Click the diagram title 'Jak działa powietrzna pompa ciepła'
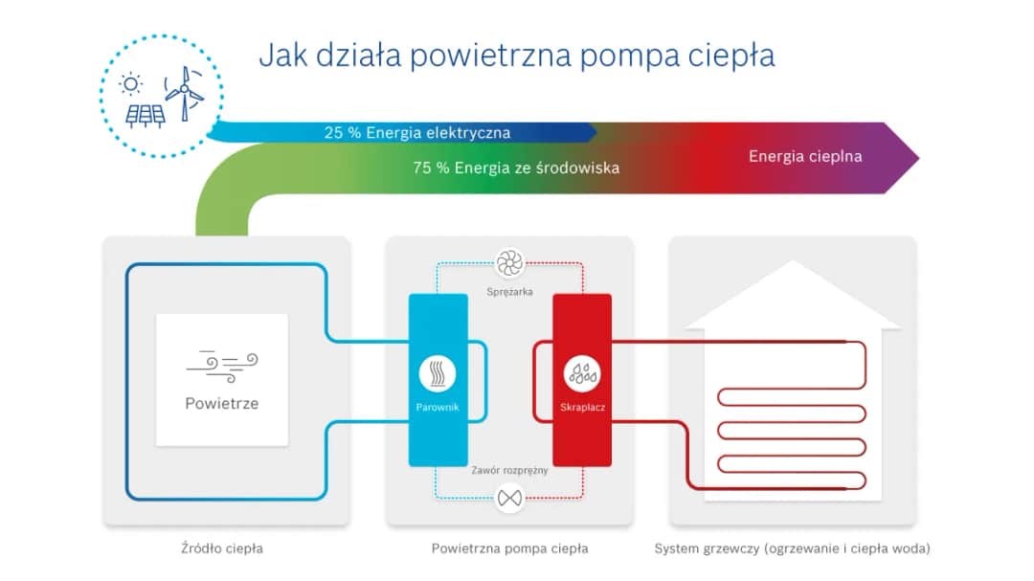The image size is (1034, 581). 516,55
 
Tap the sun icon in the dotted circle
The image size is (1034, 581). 130,84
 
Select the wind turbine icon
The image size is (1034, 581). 184,91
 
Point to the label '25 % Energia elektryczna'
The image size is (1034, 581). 416,133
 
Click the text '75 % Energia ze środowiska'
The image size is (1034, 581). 516,168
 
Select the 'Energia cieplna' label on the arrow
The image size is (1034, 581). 805,156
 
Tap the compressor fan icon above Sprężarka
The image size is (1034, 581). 509,262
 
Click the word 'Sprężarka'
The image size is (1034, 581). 509,290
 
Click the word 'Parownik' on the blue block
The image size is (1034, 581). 438,408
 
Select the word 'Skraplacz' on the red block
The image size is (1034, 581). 582,408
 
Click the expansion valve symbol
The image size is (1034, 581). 509,497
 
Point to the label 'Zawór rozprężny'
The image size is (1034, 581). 509,471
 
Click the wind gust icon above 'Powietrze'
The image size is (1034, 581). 222,363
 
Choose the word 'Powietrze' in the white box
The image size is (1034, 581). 222,403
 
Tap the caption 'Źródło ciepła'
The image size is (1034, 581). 222,549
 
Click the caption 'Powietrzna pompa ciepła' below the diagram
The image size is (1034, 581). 509,549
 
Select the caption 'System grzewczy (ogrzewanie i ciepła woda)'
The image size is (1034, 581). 792,549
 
